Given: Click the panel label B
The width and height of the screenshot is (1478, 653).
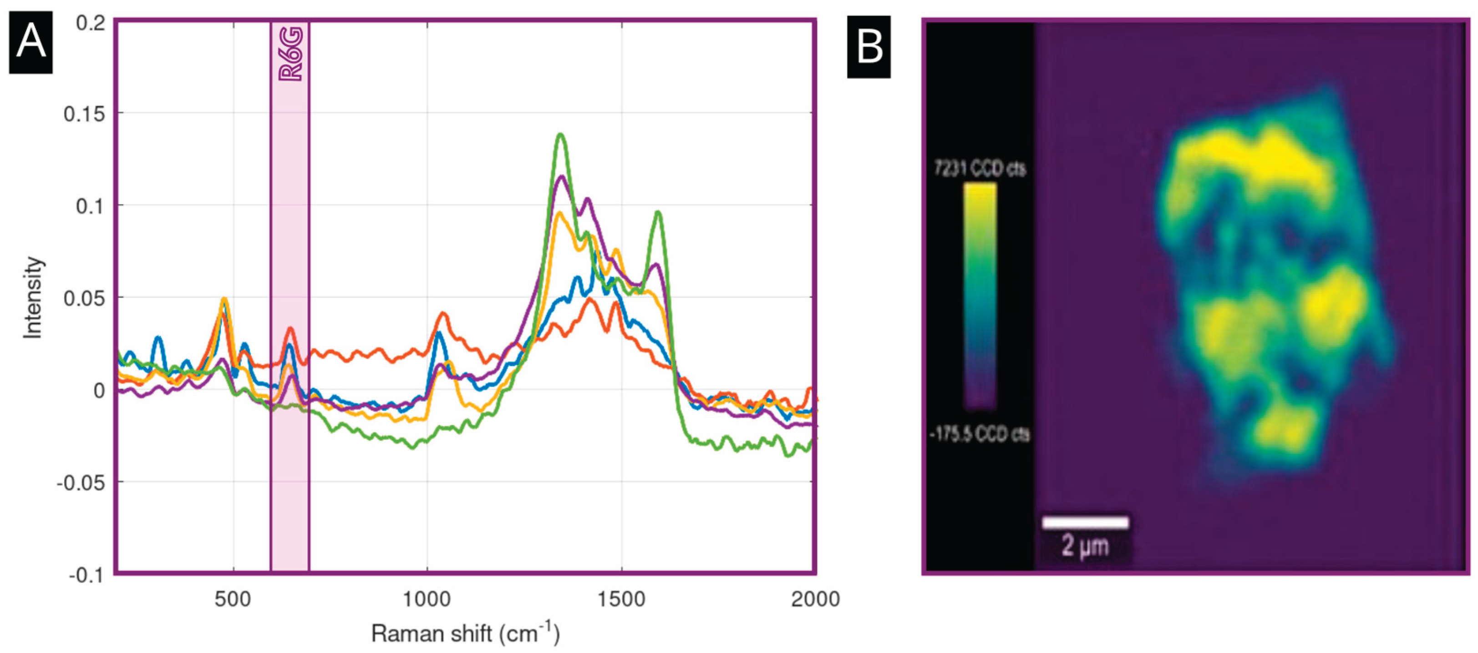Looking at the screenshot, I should pos(869,47).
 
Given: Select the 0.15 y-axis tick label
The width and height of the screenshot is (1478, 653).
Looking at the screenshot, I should pos(84,114).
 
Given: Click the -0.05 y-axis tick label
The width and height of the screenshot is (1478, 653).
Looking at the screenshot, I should pos(81,483).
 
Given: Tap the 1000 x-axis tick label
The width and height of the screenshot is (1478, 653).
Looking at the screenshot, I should pos(427,600).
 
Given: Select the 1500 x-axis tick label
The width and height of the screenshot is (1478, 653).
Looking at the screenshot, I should pos(621,600).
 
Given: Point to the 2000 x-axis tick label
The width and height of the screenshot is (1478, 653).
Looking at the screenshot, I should pos(815,600).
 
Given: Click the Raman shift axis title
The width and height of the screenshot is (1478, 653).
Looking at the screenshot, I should pos(465,633).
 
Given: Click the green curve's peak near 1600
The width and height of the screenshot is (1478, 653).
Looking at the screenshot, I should pos(658,213).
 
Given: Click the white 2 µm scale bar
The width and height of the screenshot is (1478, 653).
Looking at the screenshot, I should pos(1085,522).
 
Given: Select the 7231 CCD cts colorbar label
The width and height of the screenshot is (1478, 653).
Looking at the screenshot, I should pos(980,169).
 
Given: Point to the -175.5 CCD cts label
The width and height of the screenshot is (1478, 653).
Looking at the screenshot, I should pos(980,434).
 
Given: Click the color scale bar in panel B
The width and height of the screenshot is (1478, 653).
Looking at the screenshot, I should pos(980,295).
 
